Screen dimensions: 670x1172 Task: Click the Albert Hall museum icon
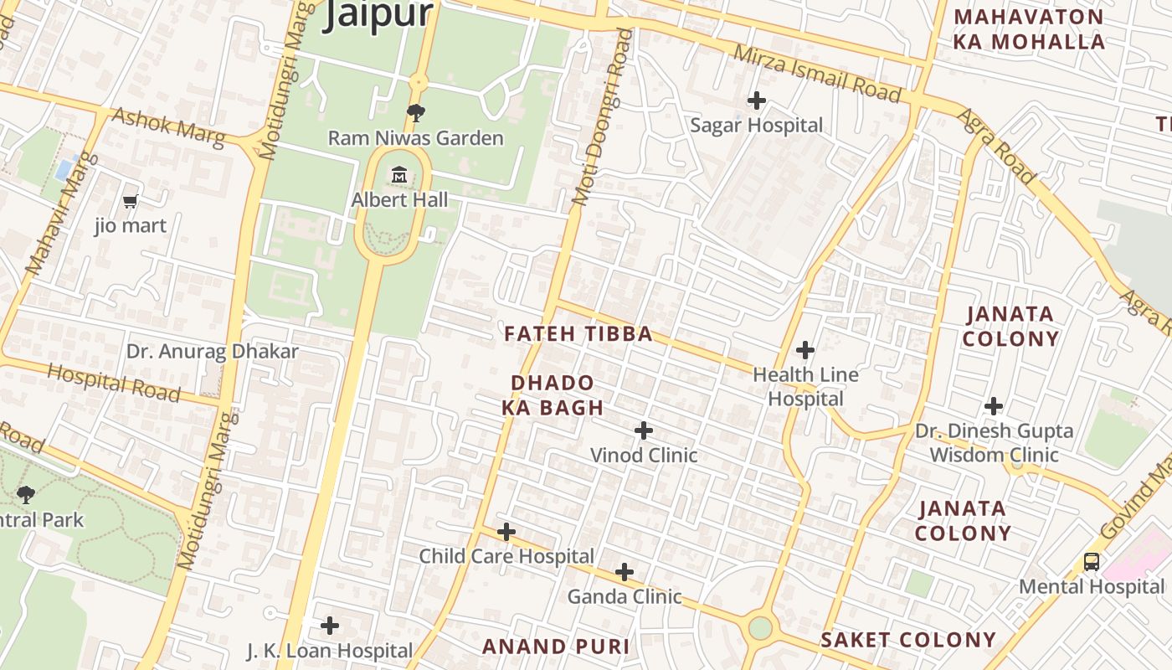click(x=399, y=176)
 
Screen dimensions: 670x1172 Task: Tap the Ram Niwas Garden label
click(x=415, y=138)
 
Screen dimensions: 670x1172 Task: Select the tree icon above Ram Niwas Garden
click(x=415, y=113)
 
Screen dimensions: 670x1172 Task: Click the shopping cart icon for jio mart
click(x=130, y=201)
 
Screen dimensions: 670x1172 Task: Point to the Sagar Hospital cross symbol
click(x=756, y=100)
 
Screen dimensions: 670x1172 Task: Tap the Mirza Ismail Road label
click(x=817, y=75)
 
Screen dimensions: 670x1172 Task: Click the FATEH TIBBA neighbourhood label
click(x=578, y=334)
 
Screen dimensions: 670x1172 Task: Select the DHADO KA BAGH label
click(x=553, y=395)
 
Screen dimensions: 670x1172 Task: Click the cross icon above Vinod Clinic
click(x=643, y=430)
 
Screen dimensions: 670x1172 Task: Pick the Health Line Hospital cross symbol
click(x=805, y=349)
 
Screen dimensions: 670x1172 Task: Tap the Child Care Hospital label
click(x=506, y=556)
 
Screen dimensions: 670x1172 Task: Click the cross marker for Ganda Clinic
click(x=625, y=572)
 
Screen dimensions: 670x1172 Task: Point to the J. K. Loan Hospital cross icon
click(x=330, y=625)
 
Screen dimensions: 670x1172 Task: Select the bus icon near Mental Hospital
click(x=1092, y=561)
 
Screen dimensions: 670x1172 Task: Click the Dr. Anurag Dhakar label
click(x=212, y=351)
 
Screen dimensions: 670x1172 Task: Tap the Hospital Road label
click(x=113, y=382)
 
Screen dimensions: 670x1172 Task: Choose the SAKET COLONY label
click(x=908, y=640)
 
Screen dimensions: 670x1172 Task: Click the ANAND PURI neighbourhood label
click(x=556, y=647)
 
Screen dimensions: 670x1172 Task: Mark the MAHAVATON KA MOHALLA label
click(x=1029, y=29)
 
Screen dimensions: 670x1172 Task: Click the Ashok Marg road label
click(x=167, y=126)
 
